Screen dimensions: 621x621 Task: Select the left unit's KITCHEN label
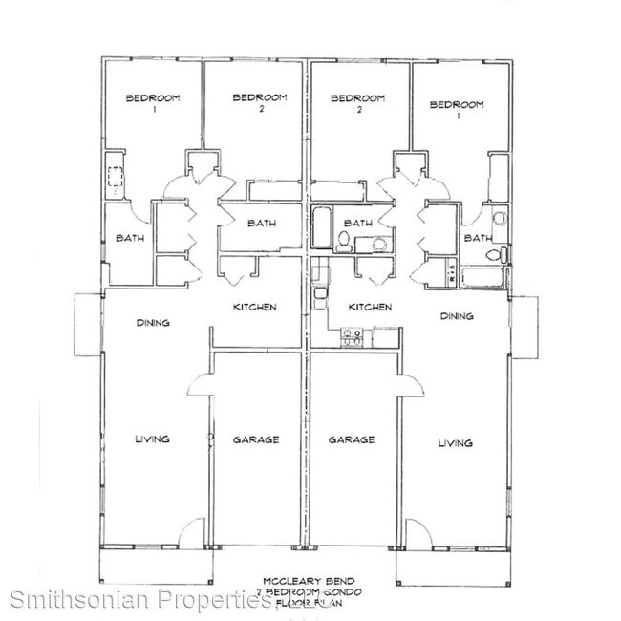[x=255, y=307]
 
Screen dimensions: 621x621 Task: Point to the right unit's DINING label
[x=458, y=315]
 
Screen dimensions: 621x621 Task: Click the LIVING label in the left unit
[x=152, y=439]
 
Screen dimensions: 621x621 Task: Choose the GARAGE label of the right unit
[x=351, y=439]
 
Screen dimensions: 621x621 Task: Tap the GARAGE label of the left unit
[x=255, y=439]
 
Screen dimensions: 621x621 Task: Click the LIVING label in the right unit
[x=455, y=442]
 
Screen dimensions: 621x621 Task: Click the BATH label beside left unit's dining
[x=130, y=238]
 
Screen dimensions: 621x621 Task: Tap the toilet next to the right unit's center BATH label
[x=342, y=240]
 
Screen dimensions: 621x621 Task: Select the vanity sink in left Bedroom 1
[x=117, y=177]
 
